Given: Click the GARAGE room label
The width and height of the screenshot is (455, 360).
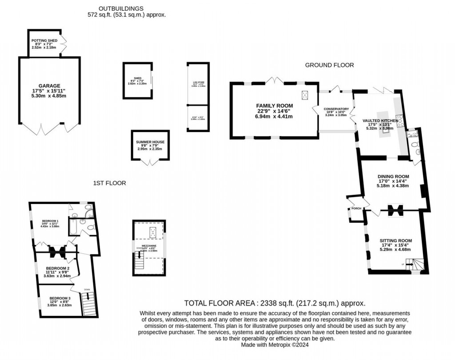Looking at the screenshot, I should coord(49,86).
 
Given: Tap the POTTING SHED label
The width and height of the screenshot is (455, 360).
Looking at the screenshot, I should coord(44,41).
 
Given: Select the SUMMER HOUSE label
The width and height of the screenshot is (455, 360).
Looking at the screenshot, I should coord(150,142).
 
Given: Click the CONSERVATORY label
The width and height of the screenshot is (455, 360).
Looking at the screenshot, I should coord(336,109).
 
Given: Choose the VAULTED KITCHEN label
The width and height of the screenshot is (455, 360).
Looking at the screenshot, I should coord(380,120).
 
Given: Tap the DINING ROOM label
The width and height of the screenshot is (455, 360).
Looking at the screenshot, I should coord(393,176).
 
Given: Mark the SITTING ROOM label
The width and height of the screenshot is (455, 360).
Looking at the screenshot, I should coord(393,241).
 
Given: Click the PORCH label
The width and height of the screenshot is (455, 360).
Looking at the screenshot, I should coord(356,208).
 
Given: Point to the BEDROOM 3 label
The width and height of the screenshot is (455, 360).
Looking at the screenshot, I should coord(59,298).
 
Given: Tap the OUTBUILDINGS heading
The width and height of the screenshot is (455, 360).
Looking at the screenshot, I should coord(121,8).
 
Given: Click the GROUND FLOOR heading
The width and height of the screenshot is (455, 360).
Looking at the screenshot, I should coord(329,65).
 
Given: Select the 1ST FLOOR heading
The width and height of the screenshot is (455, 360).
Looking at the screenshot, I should coord(109,183).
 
